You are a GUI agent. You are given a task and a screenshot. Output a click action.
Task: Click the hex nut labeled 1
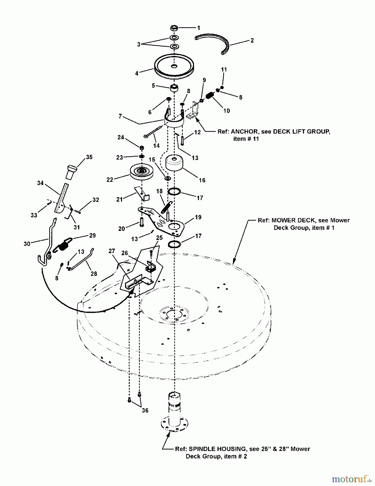(174, 28)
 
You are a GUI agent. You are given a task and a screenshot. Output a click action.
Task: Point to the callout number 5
(153, 86)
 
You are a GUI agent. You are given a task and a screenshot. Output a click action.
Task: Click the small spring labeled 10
(210, 96)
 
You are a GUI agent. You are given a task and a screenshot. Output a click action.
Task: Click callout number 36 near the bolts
(145, 410)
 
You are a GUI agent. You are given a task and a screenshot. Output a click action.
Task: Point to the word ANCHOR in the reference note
(245, 132)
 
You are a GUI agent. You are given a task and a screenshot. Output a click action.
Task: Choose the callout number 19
(198, 217)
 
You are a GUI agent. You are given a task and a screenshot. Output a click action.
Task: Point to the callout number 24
(121, 137)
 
